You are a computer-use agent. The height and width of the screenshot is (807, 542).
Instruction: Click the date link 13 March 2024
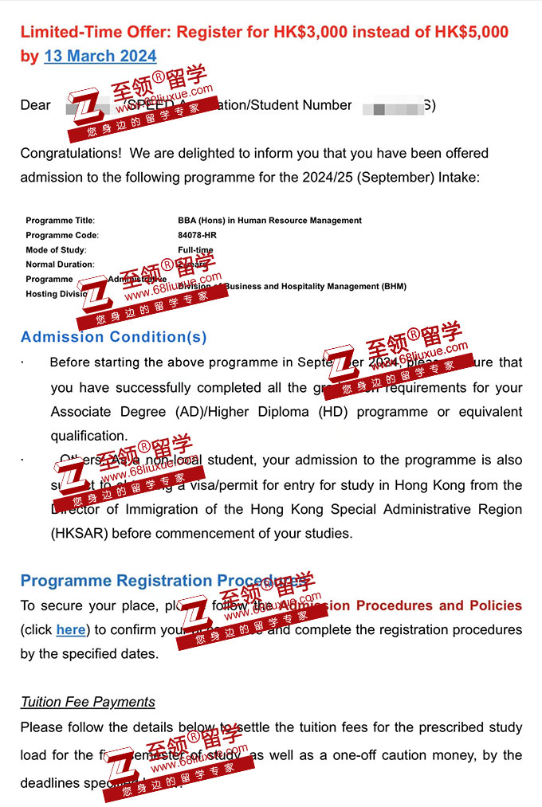point(100,56)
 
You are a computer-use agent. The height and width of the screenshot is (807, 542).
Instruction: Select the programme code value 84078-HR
point(197,235)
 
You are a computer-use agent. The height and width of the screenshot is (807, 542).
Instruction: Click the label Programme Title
point(60,221)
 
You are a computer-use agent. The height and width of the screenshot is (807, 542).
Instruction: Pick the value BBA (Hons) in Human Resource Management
point(269,221)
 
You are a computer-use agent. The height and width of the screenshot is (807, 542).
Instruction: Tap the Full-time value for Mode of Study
point(195,250)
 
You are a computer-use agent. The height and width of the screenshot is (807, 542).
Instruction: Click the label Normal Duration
point(59,264)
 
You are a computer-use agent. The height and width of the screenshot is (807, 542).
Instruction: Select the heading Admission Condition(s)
point(113,337)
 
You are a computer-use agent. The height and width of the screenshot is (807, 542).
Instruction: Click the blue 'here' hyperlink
point(70,630)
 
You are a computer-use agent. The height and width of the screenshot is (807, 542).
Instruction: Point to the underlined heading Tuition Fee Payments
point(88,702)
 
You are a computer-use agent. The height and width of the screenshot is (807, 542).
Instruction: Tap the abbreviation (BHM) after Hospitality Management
point(394,287)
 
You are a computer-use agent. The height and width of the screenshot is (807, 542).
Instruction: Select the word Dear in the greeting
point(35,105)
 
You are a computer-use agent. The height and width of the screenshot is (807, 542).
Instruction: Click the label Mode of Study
point(55,250)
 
